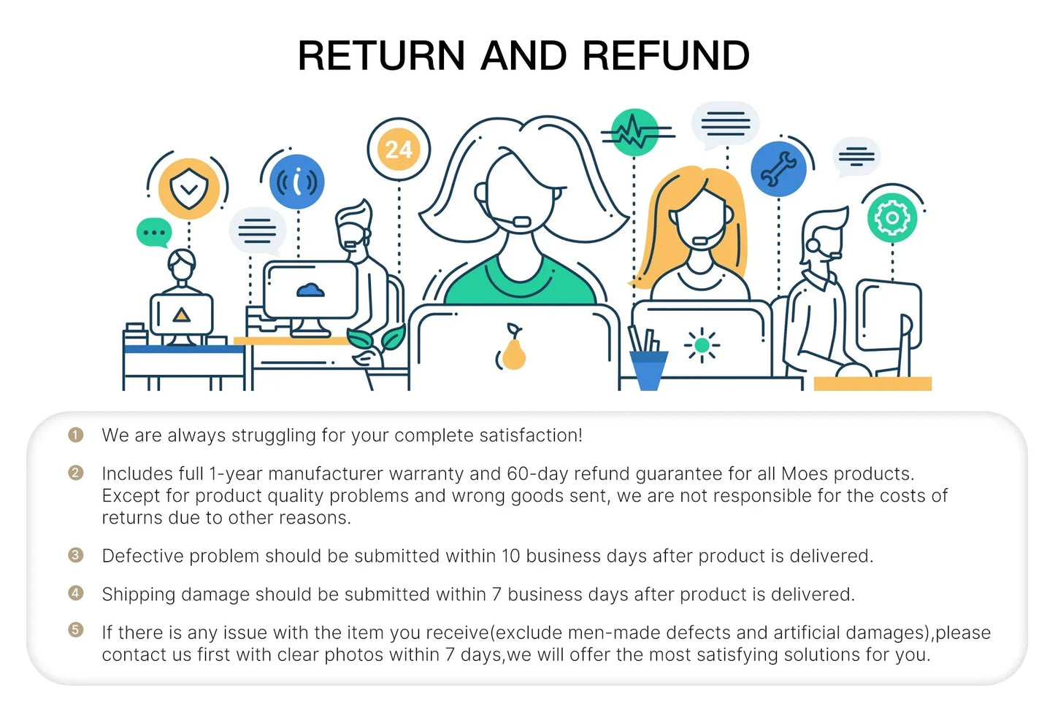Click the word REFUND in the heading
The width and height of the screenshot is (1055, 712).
pos(666,56)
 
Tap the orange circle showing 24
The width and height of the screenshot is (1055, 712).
pos(399,150)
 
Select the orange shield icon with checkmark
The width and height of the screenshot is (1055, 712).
pos(189,188)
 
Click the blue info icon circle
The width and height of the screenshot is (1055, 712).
pos(297,182)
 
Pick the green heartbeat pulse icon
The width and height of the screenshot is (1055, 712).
pos(634,133)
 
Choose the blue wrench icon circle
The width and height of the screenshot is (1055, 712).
pos(778,169)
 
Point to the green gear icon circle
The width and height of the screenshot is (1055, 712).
pos(891,217)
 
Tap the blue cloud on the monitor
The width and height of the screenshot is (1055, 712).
pos(311,290)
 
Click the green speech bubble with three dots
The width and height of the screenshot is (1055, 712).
pos(154,233)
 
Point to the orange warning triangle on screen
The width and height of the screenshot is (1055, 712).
pos(181,315)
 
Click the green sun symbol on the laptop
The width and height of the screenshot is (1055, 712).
pos(702,346)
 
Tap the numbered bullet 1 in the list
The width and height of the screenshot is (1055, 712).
pos(76,435)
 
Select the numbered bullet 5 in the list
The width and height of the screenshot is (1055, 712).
pos(76,629)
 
